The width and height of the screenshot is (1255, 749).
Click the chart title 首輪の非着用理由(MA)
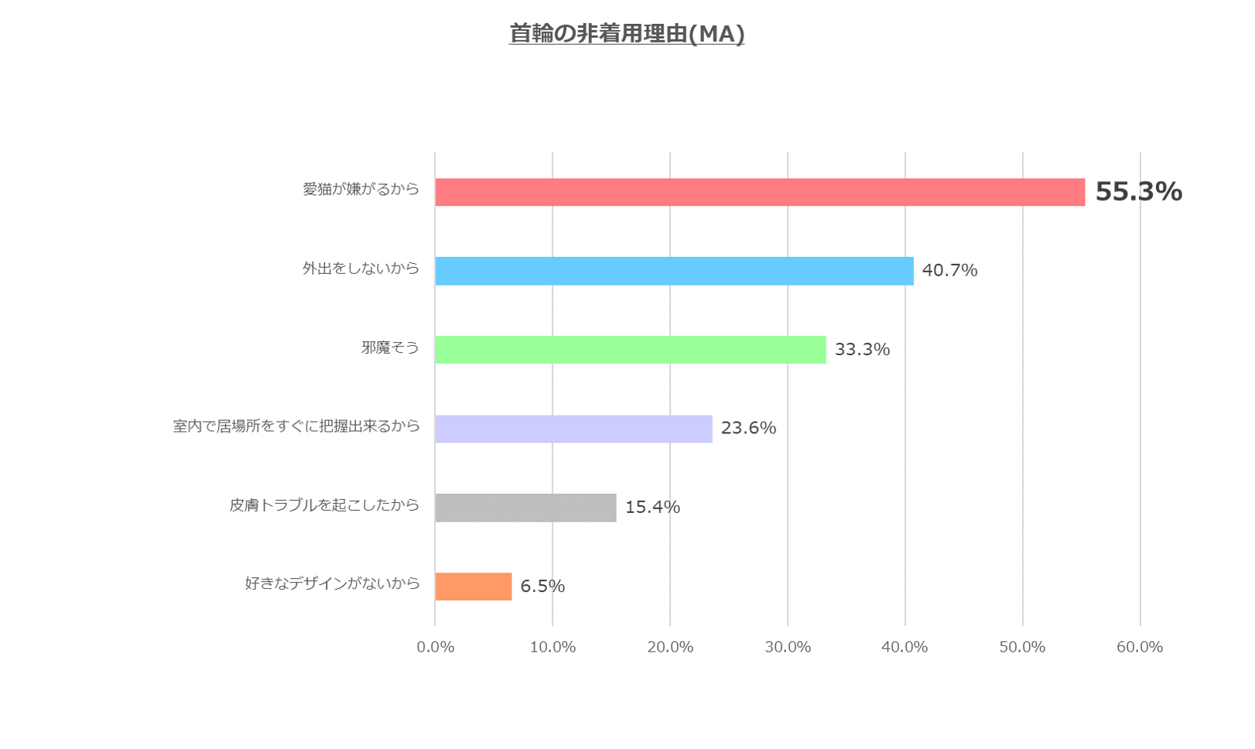[x=627, y=34]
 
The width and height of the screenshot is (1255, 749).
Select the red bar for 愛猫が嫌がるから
[x=760, y=192]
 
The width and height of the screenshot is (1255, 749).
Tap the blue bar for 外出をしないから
[x=674, y=271]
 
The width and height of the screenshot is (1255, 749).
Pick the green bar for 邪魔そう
[x=630, y=350]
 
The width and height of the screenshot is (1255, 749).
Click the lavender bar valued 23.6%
[x=573, y=429]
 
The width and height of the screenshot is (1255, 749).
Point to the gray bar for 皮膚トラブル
[x=525, y=508]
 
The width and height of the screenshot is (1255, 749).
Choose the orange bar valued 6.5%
[x=473, y=587]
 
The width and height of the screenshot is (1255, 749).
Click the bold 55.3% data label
[x=1138, y=192]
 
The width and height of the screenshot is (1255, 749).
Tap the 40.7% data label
[x=949, y=271]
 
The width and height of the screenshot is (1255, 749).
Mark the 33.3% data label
[x=862, y=350]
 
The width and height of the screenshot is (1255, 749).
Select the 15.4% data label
[x=652, y=508]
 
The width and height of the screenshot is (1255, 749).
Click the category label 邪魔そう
[x=390, y=348]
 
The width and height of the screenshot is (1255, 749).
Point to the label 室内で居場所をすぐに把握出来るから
[x=296, y=426]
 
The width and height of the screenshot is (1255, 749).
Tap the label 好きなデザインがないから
[x=332, y=584]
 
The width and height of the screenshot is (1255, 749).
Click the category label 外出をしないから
[x=361, y=268]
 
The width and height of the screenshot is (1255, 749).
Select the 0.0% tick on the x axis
[x=436, y=648]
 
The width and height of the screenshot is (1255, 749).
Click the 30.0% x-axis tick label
[x=788, y=648]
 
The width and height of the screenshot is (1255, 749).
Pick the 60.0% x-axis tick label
[x=1140, y=648]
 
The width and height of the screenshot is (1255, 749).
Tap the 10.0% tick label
[x=552, y=648]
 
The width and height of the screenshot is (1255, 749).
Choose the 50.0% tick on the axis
[x=1022, y=648]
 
